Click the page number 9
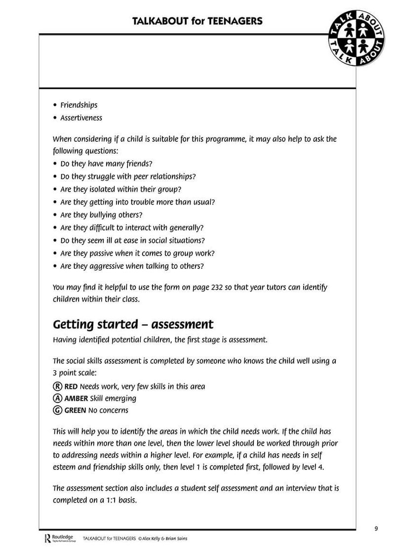376,528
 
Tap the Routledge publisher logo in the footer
59,538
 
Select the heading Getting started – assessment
133,324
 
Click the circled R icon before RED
58,386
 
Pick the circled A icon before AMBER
58,398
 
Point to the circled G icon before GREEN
58,410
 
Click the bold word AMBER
76,398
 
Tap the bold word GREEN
76,410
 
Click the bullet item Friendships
79,105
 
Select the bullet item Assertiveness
81,118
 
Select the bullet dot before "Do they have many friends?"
55,163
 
